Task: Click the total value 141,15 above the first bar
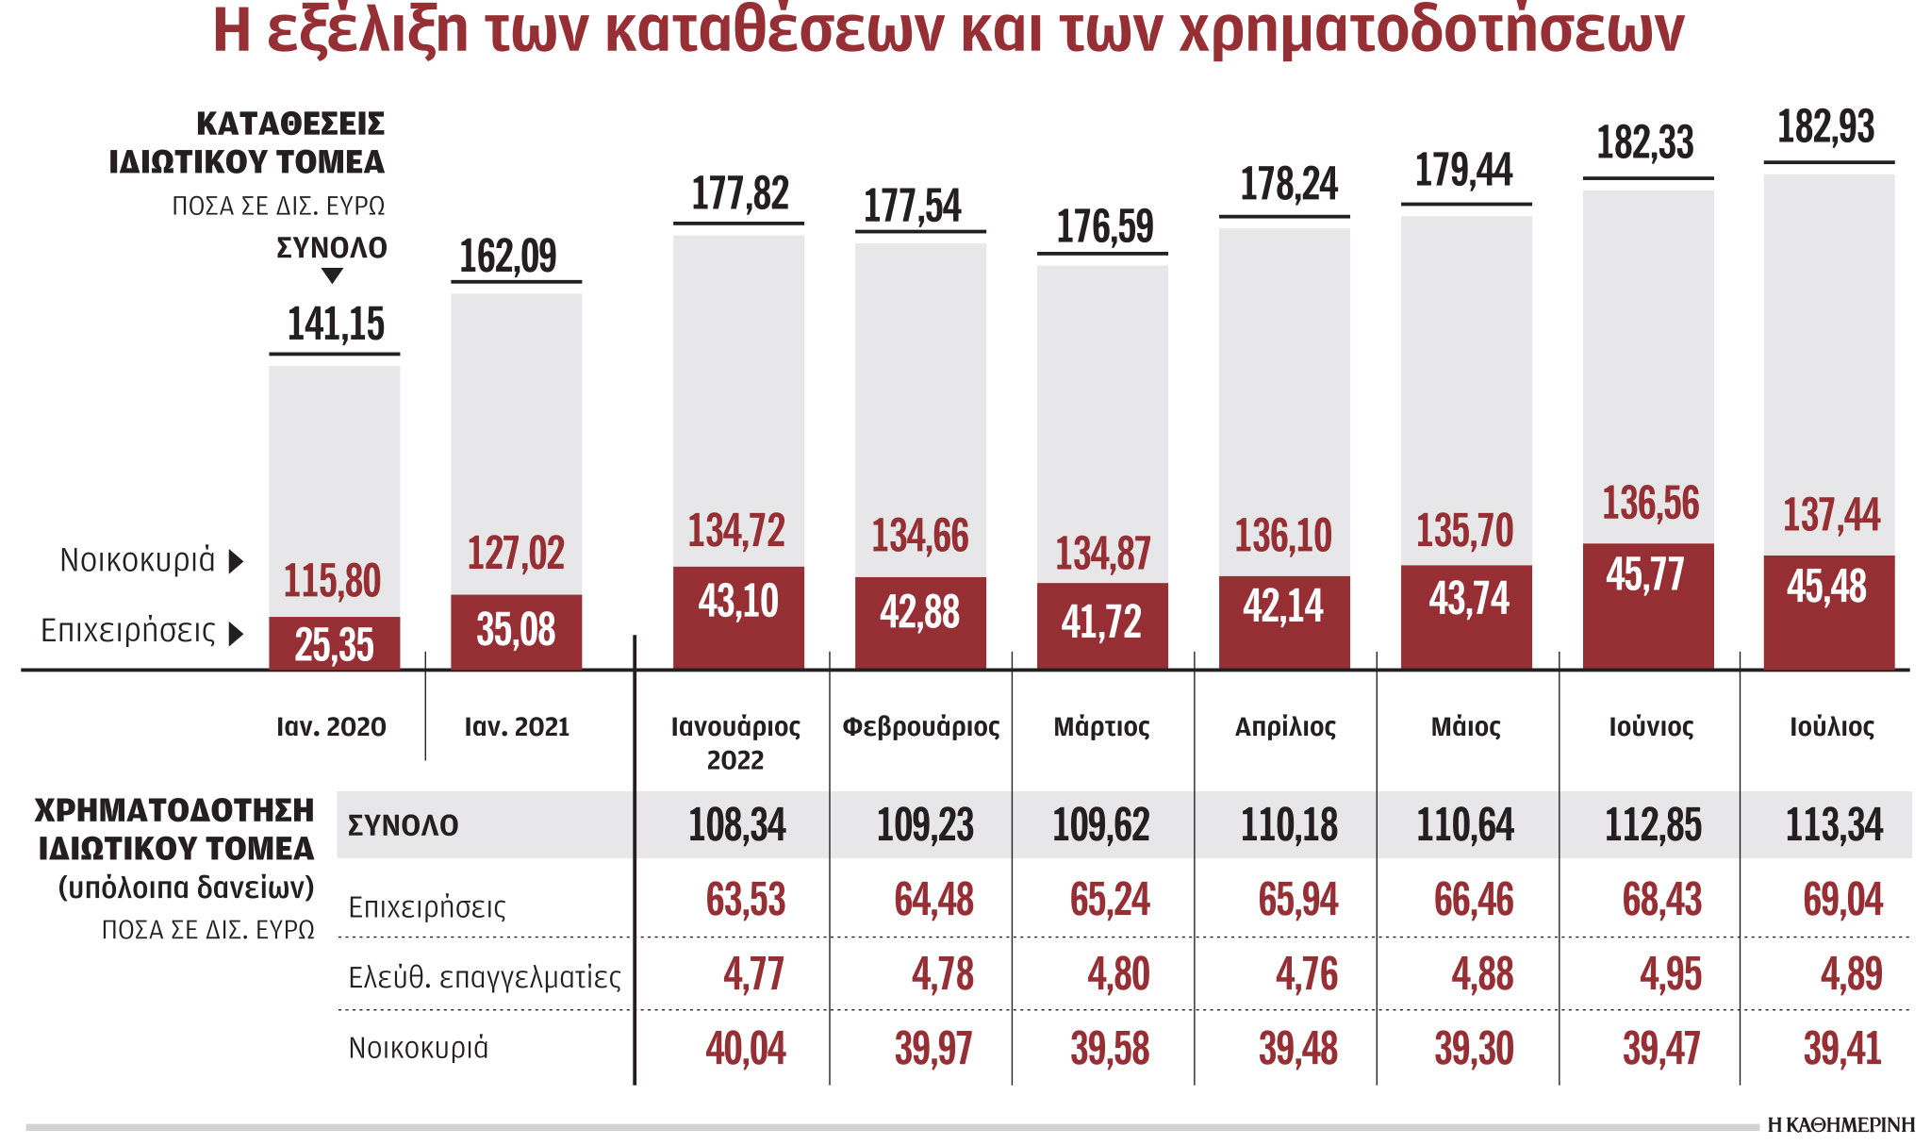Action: point(336,324)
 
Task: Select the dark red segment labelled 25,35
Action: point(334,645)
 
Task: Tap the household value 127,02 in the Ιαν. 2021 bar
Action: point(516,553)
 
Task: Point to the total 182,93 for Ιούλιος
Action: point(1826,127)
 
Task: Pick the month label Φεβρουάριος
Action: point(920,727)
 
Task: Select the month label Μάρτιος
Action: point(1101,727)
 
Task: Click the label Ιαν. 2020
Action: point(331,727)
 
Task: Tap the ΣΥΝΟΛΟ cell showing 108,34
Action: point(736,825)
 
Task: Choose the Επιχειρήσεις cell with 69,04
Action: point(1842,900)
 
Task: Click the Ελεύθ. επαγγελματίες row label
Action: point(485,977)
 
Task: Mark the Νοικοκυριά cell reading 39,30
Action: point(1474,1049)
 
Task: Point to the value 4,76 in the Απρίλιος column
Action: point(1306,975)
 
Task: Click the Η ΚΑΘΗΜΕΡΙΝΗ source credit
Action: point(1840,1125)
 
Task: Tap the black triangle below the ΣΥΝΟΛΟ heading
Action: point(332,275)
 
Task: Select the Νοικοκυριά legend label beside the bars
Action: point(138,560)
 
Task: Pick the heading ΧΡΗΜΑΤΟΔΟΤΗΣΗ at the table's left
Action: point(174,811)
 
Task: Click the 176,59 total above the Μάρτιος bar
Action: point(1104,227)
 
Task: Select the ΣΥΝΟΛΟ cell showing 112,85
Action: point(1653,825)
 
